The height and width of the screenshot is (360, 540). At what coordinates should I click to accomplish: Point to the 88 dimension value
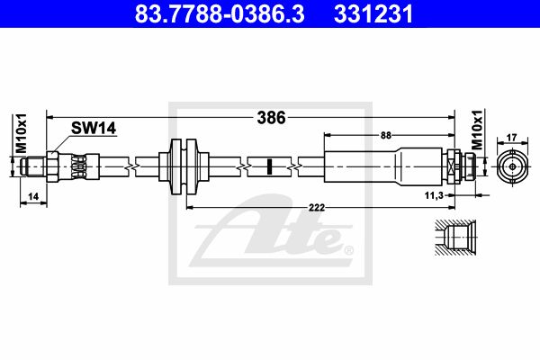click(x=385, y=135)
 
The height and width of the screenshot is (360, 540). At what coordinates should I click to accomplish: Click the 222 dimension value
click(x=315, y=207)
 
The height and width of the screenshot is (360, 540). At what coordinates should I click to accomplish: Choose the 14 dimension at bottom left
click(x=32, y=195)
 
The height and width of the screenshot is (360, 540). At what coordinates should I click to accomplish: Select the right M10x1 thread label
click(x=478, y=131)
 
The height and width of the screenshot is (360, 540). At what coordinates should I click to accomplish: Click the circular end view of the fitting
click(x=514, y=166)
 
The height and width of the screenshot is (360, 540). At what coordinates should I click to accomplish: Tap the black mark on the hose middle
click(x=268, y=166)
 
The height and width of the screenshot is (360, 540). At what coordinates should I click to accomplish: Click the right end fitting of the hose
click(x=463, y=166)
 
